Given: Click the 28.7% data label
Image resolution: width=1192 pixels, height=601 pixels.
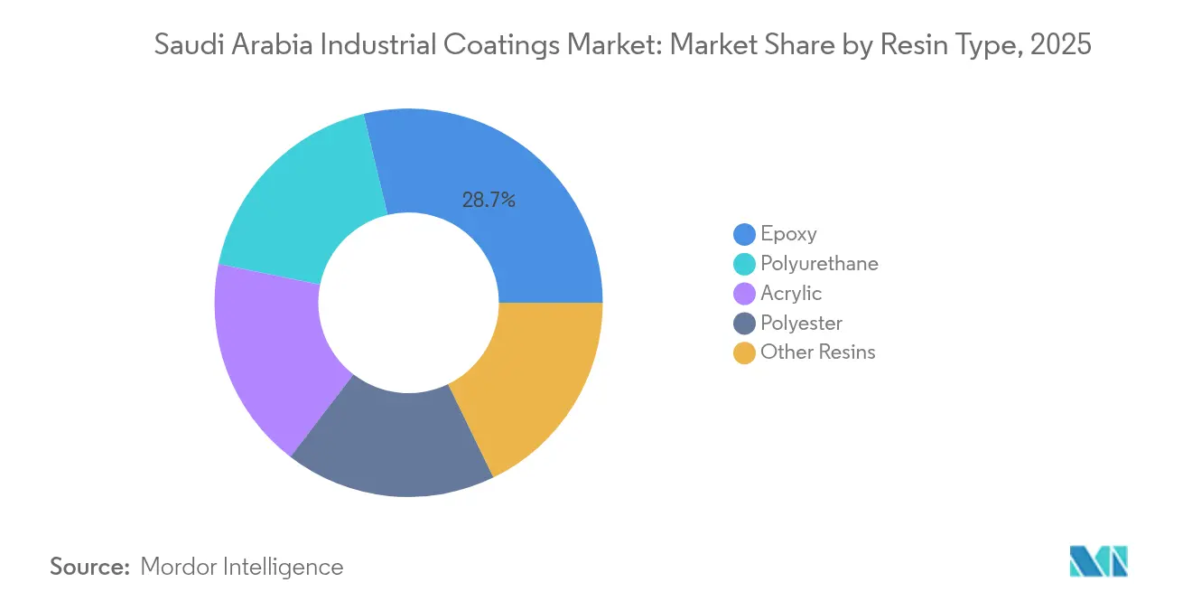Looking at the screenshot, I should (489, 201).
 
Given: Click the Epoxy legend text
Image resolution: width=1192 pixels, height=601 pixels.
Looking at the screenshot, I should (788, 234).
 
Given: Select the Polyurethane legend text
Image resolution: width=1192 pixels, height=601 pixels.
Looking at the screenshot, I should (819, 264).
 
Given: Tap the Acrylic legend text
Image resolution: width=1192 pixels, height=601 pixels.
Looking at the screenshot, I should (791, 294).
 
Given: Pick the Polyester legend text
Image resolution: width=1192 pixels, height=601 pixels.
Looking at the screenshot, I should (801, 323).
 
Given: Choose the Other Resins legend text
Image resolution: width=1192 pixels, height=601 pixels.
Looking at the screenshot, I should (817, 352).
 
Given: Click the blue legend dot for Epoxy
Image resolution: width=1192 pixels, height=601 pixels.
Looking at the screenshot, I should (744, 235).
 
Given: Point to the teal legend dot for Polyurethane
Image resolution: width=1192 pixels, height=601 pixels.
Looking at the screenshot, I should (744, 265).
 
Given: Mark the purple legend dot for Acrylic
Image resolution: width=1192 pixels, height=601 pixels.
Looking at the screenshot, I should (744, 294).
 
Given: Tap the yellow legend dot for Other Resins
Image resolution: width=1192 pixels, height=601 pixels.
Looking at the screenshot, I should (744, 352).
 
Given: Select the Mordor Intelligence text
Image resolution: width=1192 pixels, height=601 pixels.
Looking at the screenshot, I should (242, 567).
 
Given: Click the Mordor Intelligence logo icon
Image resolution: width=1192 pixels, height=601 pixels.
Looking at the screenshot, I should (1098, 561).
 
